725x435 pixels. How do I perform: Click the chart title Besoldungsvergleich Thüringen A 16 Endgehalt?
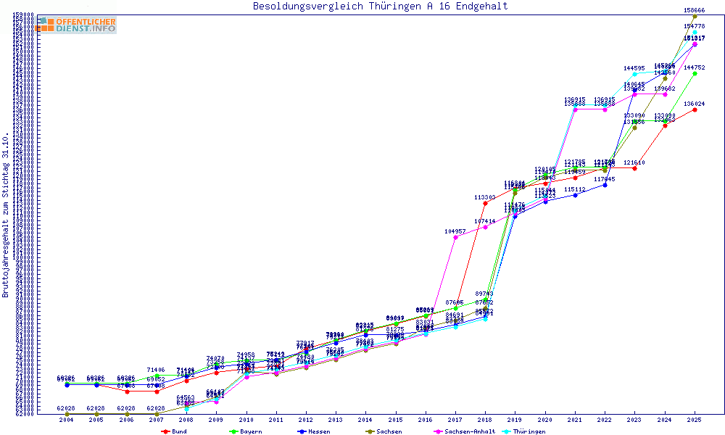pyautogui.click(x=380, y=7)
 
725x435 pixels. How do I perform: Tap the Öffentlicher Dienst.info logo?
pyautogui.click(x=76, y=25)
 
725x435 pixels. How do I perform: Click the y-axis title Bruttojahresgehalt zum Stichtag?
pyautogui.click(x=7, y=215)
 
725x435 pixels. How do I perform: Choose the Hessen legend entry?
pyautogui.click(x=316, y=431)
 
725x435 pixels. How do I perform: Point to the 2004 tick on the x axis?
pyautogui.click(x=67, y=420)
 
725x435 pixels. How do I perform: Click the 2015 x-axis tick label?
pyautogui.click(x=395, y=420)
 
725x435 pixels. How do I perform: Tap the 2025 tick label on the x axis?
pyautogui.click(x=695, y=420)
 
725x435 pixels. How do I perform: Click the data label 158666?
pyautogui.click(x=695, y=10)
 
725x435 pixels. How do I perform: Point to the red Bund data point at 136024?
pyautogui.click(x=695, y=110)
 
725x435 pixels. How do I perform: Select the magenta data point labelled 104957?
pyautogui.click(x=455, y=237)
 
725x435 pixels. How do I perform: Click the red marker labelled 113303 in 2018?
pyautogui.click(x=485, y=203)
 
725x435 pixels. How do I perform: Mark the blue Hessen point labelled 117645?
pyautogui.click(x=605, y=185)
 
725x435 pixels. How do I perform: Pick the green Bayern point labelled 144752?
pyautogui.click(x=695, y=73)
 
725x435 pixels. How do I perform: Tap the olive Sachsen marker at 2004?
pyautogui.click(x=67, y=414)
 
